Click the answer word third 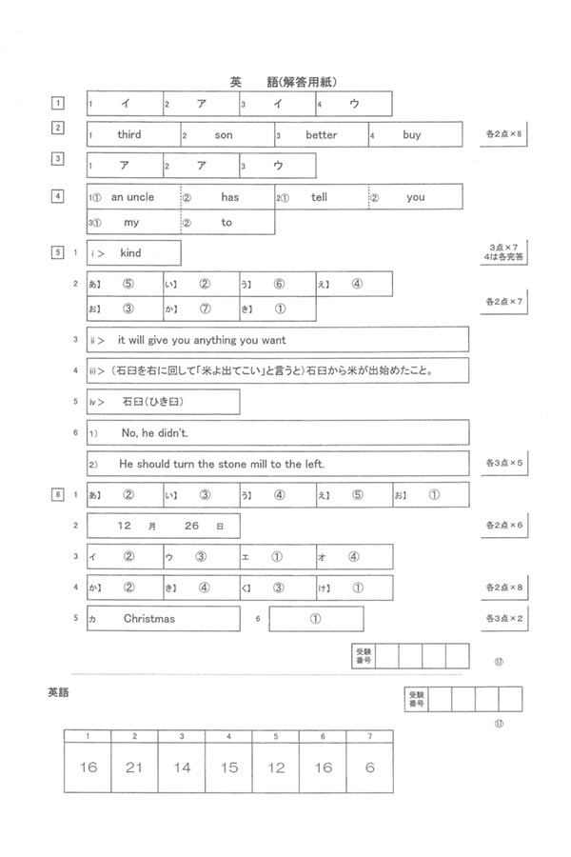point(129,135)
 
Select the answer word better point(322,135)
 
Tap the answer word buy point(411,135)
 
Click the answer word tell point(319,197)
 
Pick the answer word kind point(130,252)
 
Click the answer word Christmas point(149,619)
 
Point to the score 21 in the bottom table point(134,767)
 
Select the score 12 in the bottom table point(276,767)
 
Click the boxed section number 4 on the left point(58,197)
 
